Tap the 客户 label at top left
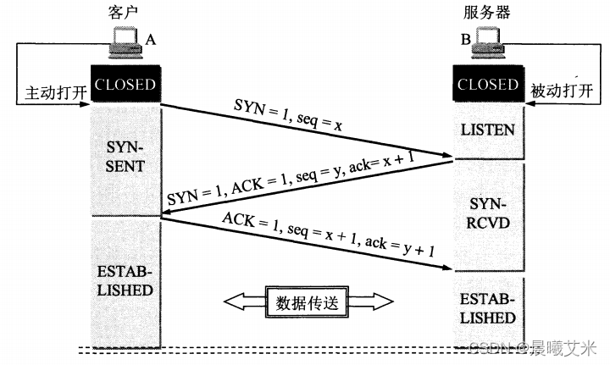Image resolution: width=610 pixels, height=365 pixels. click(125, 11)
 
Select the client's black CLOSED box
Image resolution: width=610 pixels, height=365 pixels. click(125, 85)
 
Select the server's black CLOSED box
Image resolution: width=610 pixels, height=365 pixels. click(487, 85)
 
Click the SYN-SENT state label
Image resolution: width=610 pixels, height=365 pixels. click(125, 156)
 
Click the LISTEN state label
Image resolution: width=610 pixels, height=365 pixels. click(488, 129)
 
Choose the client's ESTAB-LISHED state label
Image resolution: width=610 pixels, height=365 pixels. click(125, 281)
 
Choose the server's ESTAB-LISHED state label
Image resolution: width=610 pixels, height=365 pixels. click(488, 310)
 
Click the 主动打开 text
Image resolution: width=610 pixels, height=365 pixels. click(49, 91)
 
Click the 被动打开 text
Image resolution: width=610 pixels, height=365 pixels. click(563, 91)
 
